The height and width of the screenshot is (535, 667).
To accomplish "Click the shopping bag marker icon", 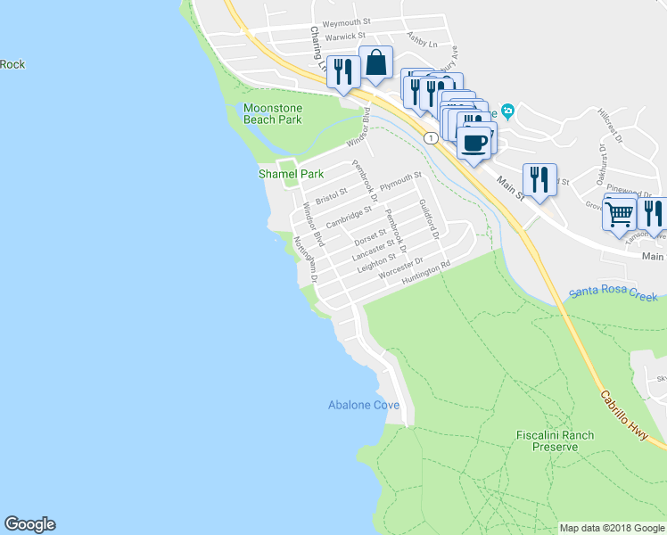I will [x=375, y=63].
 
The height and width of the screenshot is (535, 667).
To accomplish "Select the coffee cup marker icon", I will [x=474, y=141].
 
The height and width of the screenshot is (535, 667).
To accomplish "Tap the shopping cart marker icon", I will [x=619, y=213].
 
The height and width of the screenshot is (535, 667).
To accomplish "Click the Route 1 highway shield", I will [x=431, y=137].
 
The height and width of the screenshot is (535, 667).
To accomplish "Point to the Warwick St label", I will [x=340, y=37].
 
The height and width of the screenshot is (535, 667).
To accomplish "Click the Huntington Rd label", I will [x=427, y=273].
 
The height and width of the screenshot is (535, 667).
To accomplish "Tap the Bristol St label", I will [x=331, y=193].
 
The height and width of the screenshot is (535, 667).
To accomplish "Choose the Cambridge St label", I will [x=349, y=216].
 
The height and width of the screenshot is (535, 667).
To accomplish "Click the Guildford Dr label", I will [x=429, y=218].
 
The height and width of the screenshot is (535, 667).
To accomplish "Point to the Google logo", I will [x=29, y=524].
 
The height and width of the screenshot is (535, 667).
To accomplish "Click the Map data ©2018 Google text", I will [x=611, y=528].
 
